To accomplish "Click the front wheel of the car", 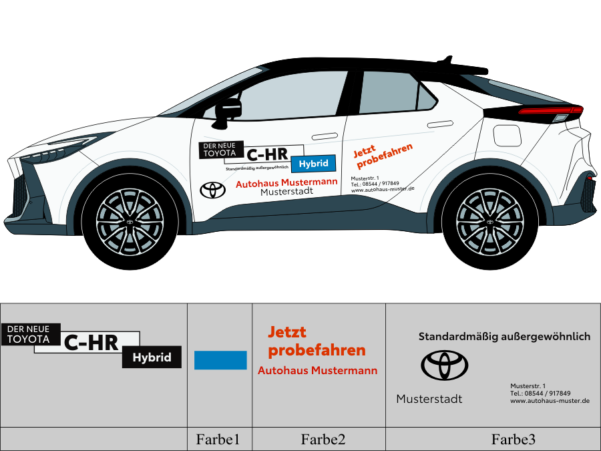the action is pyautogui.click(x=130, y=222).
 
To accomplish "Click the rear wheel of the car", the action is pyautogui.click(x=490, y=222).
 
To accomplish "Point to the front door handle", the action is pyautogui.click(x=325, y=136).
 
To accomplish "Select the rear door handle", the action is pyautogui.click(x=440, y=124).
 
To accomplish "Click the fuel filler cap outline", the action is pyautogui.click(x=507, y=136).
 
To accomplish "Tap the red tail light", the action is pyautogui.click(x=551, y=110).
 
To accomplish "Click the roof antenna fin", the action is pyautogui.click(x=447, y=59).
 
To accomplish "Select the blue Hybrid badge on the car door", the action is pyautogui.click(x=314, y=164).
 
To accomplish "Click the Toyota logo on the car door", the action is pyautogui.click(x=213, y=190).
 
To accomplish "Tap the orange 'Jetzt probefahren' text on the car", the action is pyautogui.click(x=383, y=155).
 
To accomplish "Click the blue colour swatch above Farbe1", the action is pyautogui.click(x=220, y=360).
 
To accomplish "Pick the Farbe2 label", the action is pyautogui.click(x=323, y=440).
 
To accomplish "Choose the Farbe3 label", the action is pyautogui.click(x=514, y=440).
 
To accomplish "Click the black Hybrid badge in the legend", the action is pyautogui.click(x=152, y=357).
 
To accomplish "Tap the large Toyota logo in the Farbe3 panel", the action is pyautogui.click(x=445, y=365).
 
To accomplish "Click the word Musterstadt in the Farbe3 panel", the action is pyautogui.click(x=429, y=399).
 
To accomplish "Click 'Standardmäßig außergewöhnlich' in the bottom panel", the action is pyautogui.click(x=504, y=337).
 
